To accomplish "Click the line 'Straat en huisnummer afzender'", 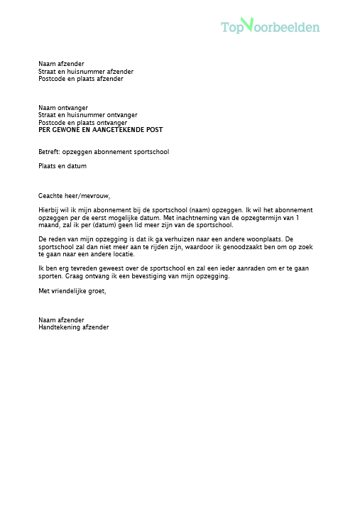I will [86, 72].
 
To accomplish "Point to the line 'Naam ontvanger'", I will [63, 108].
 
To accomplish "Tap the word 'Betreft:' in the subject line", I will [49, 152].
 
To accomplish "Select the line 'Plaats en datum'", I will [62, 166].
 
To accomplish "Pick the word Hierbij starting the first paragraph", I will [50, 210].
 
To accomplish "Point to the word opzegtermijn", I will [263, 217].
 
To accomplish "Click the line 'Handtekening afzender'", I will [74, 327].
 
